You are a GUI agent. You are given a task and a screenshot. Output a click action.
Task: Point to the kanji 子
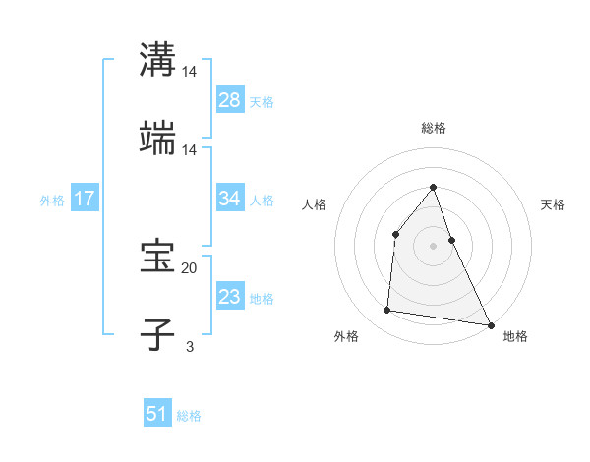coord(157,334)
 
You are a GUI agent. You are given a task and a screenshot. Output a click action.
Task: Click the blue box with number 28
coord(229,99)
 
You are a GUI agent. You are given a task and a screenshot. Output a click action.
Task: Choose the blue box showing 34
coord(229,199)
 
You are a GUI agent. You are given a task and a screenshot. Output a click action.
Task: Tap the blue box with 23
coord(229,297)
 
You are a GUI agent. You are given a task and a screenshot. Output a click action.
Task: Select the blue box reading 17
coord(85,199)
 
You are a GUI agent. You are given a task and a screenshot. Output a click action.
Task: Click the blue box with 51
coord(157,414)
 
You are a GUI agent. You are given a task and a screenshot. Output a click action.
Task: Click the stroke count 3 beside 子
coord(190,346)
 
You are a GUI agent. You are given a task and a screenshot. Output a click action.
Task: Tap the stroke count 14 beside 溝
coord(190,73)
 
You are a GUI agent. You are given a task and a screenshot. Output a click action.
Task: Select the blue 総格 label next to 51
coord(189,416)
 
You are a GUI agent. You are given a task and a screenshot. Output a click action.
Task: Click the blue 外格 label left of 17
coord(52,200)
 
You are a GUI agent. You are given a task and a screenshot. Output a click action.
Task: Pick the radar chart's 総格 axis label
coord(434,128)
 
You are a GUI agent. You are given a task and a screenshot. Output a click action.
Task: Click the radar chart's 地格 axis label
coord(515,336)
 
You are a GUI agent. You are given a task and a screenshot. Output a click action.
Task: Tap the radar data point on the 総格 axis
coord(434,187)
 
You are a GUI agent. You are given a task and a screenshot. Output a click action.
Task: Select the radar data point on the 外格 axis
coord(387,311)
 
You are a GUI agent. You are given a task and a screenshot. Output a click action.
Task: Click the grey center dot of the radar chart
coord(434,246)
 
